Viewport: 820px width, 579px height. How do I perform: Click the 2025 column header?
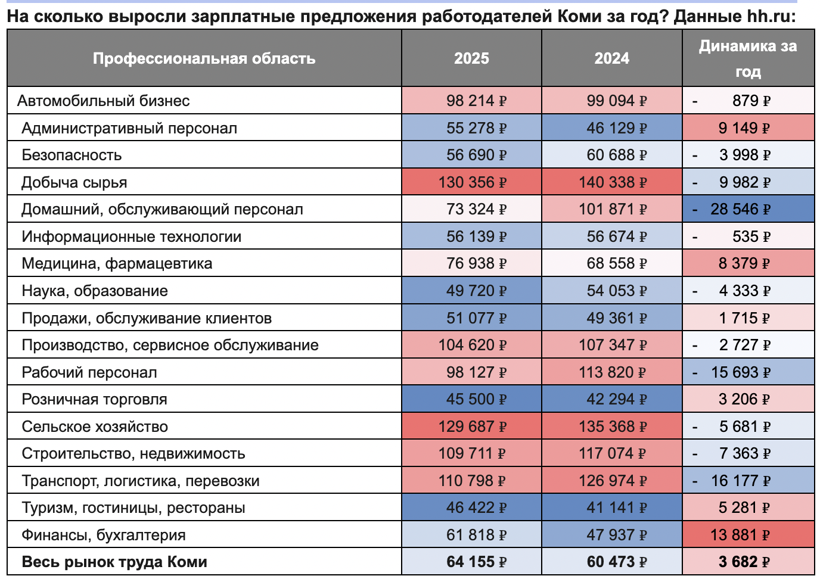[x=471, y=58]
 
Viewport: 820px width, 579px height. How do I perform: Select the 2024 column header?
[x=611, y=58]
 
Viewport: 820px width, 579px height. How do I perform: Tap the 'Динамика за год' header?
[x=747, y=58]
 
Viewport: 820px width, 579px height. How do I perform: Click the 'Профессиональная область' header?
[x=204, y=58]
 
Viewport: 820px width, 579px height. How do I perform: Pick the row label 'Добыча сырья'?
[x=74, y=182]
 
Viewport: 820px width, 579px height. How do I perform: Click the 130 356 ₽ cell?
[x=472, y=182]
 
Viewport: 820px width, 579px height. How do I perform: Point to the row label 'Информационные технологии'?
[x=132, y=236]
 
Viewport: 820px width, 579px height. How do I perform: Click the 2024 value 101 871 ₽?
[x=612, y=210]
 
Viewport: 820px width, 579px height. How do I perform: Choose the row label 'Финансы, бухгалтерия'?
[x=104, y=535]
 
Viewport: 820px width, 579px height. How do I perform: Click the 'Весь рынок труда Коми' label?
[x=114, y=562]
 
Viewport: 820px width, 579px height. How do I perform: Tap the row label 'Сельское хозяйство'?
[x=95, y=427]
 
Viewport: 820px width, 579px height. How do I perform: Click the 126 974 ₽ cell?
[x=612, y=481]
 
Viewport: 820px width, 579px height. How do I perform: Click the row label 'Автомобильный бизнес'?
[x=104, y=101]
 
